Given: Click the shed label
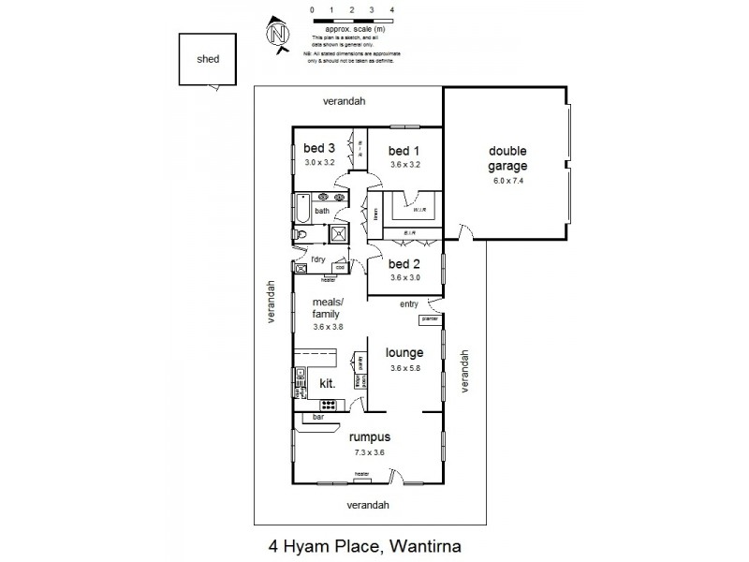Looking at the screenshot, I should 207,59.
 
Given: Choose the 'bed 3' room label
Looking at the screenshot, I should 319,148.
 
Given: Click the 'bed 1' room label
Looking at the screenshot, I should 404,150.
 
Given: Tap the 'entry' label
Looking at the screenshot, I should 409,303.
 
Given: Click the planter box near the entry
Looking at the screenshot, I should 430,319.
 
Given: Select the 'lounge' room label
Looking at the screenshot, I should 404,353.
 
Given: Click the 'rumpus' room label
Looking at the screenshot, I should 369,436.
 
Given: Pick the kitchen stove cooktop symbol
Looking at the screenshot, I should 329,405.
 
